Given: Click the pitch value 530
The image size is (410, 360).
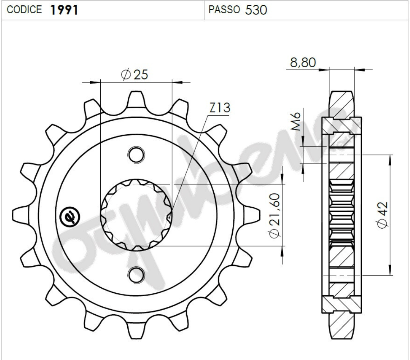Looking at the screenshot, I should [256, 10].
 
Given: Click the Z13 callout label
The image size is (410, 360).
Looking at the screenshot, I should [219, 108].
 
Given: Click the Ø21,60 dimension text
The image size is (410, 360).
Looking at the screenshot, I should [274, 216].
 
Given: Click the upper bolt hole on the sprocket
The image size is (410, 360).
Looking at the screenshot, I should [136, 154].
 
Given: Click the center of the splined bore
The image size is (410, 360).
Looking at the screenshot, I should [136, 215].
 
